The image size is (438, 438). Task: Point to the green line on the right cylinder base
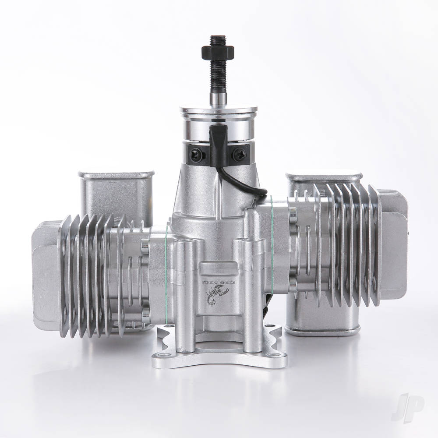tap(272, 245)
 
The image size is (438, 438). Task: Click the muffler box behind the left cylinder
tap(116, 193)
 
